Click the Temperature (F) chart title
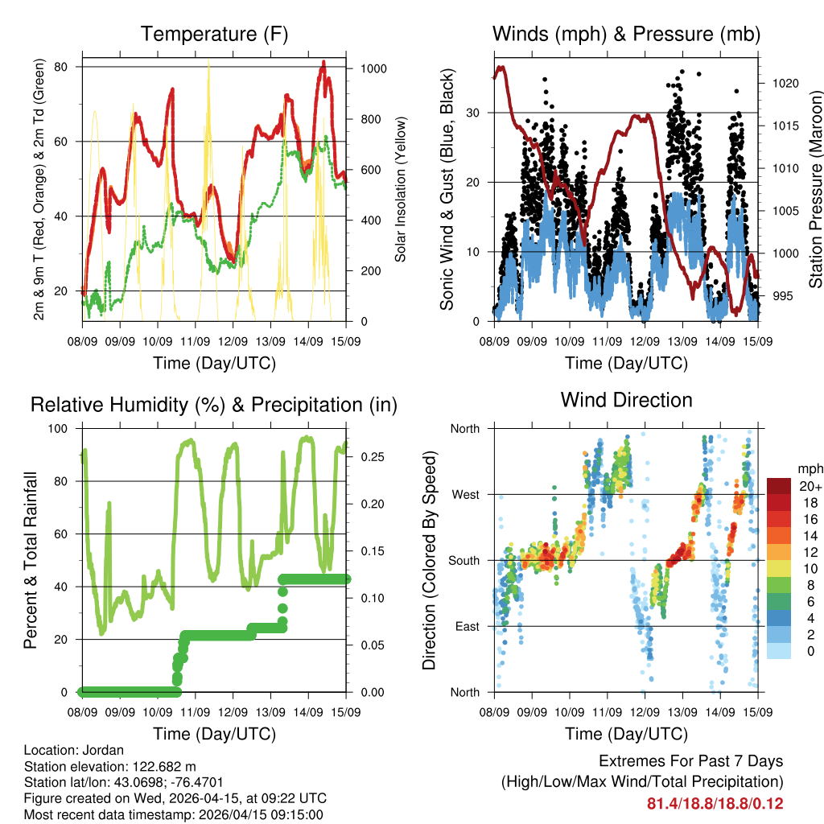tap(214, 34)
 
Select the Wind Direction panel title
tap(626, 400)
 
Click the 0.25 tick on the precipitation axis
tap(368, 456)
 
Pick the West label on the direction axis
tap(464, 494)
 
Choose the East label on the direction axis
tap(466, 626)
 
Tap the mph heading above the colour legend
tap(809, 468)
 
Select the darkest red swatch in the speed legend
tap(780, 486)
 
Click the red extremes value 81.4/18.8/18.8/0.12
tap(715, 804)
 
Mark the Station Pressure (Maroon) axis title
tap(814, 189)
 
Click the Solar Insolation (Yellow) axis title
tap(400, 189)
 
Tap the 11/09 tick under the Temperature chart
tap(196, 341)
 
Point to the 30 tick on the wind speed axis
tap(474, 112)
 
